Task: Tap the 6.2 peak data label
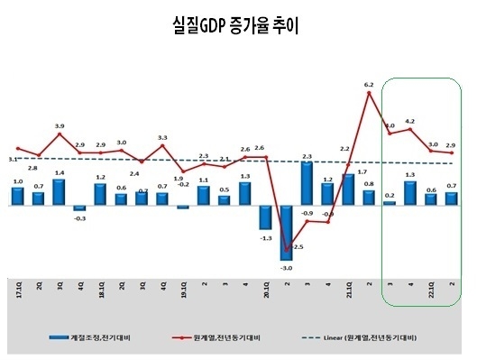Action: tap(368, 85)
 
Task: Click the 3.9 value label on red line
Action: tap(60, 125)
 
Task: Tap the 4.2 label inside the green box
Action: tap(410, 121)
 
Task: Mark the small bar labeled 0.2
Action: tap(389, 202)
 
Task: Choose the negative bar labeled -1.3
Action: tap(265, 217)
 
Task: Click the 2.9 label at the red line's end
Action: tap(451, 144)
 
